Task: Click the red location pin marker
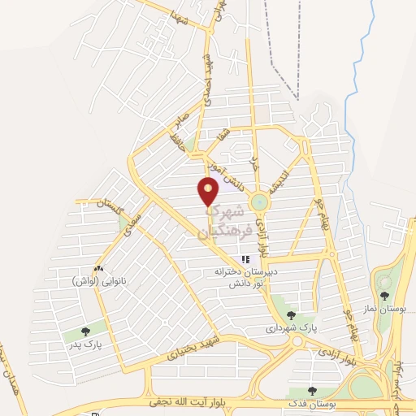(209, 191)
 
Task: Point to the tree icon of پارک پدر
(86, 331)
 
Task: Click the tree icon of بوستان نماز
(384, 296)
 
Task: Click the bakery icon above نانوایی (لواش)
(98, 268)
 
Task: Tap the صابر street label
(180, 123)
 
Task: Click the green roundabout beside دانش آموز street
(259, 201)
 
